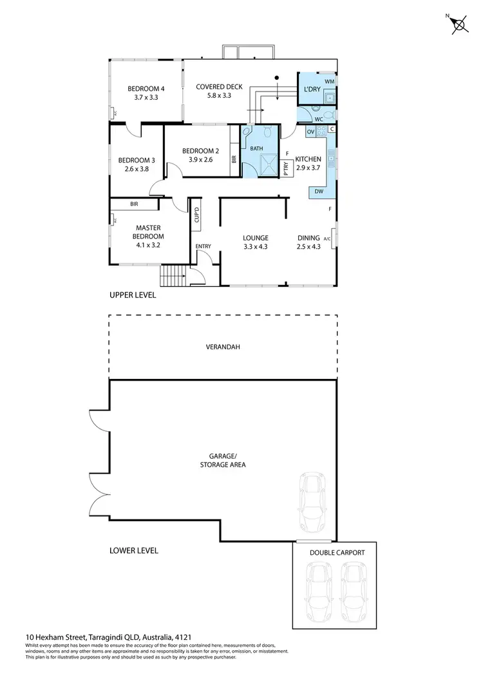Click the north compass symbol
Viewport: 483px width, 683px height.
(459, 24)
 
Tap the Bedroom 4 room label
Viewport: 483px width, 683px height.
(146, 89)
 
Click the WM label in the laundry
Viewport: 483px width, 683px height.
(329, 82)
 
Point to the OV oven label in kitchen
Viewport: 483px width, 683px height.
(310, 131)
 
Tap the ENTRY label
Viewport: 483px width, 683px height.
(203, 246)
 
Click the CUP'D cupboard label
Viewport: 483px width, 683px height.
(196, 216)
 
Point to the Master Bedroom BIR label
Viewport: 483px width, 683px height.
(134, 204)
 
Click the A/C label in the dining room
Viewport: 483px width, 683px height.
(327, 239)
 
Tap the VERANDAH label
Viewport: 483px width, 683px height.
(223, 347)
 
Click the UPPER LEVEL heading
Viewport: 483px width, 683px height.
(133, 294)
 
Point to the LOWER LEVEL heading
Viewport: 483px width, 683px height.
(133, 550)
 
